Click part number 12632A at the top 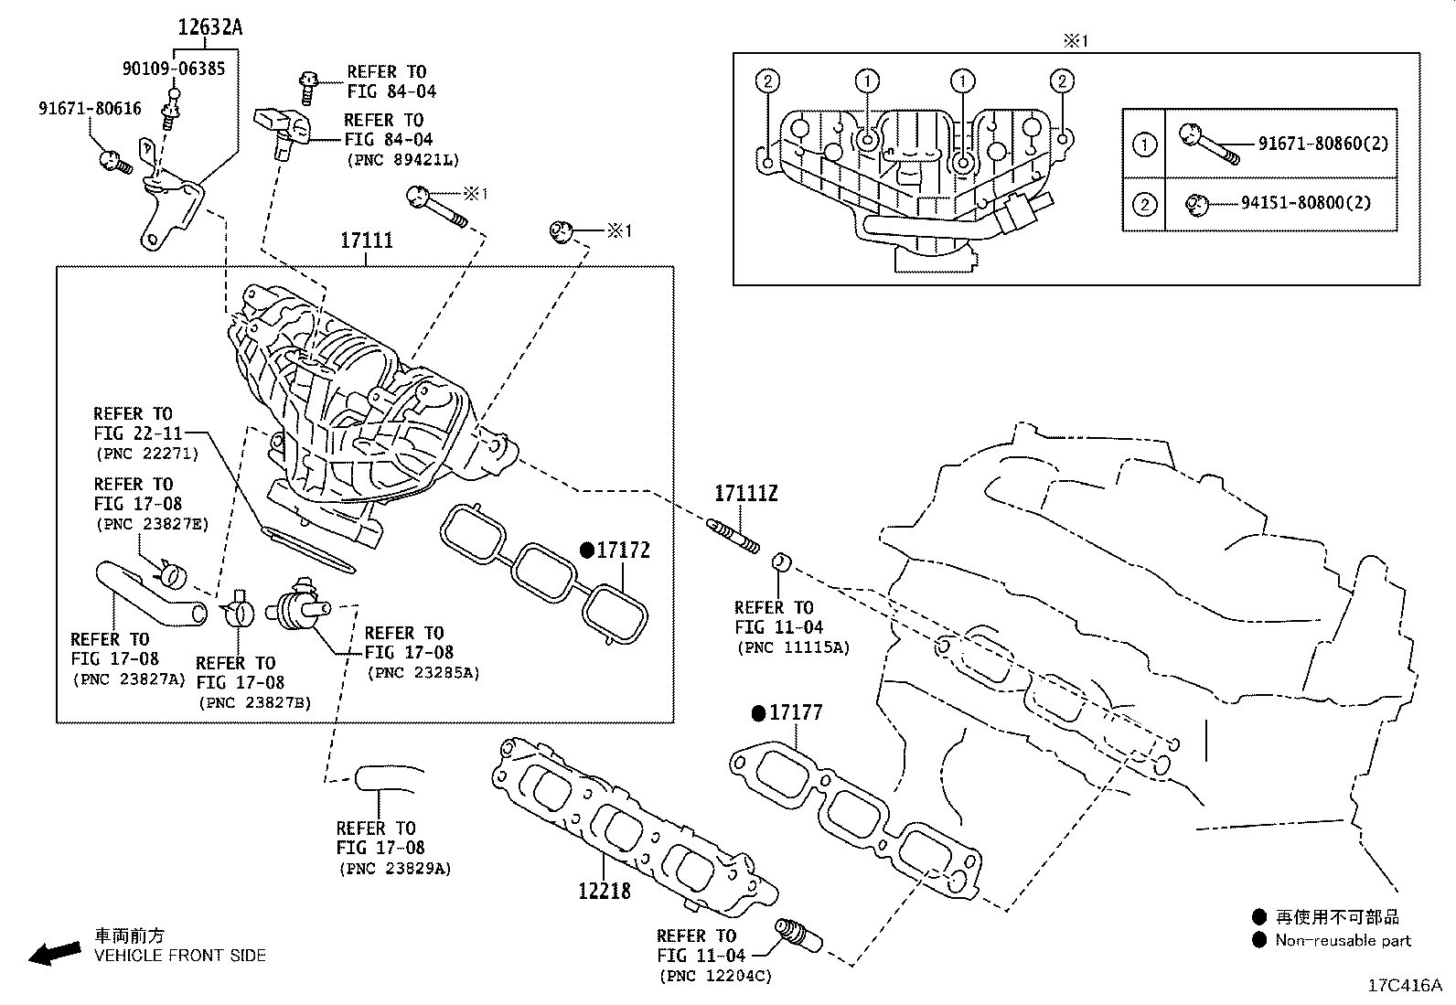pos(209,27)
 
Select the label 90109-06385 pos(173,68)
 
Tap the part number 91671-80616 pos(90,108)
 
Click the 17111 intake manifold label pos(366,241)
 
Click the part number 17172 pos(623,551)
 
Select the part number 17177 pos(796,712)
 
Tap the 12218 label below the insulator pos(604,890)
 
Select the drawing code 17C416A pos(1404,986)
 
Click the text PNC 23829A pos(394,869)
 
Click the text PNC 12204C pos(714,976)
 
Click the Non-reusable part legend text pos(1343,940)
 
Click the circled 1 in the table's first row pos(1144,144)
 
